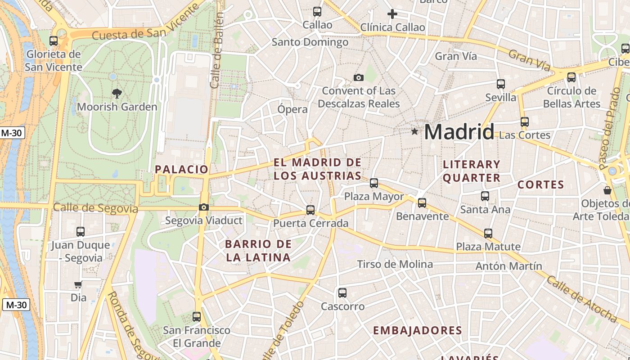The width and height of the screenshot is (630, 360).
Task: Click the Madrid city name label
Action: click(459, 132)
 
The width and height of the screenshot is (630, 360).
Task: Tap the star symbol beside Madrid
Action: click(414, 131)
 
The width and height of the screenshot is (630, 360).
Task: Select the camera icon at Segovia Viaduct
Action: click(204, 207)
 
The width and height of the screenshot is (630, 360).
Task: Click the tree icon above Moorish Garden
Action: click(117, 94)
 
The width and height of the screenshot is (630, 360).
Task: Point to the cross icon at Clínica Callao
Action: click(392, 14)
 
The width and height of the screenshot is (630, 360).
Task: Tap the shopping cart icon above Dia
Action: click(78, 284)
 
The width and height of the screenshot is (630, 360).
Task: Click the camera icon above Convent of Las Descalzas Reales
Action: click(359, 77)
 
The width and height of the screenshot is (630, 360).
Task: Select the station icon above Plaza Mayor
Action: click(374, 183)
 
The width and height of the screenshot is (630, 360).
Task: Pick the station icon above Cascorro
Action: click(342, 293)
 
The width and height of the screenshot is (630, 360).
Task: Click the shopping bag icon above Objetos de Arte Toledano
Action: click(607, 190)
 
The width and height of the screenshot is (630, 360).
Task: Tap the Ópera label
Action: click(292, 109)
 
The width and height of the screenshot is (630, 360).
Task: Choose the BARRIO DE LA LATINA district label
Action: click(258, 251)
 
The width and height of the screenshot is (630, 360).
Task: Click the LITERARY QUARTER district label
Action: click(472, 171)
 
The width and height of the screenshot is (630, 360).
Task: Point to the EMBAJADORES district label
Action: click(418, 331)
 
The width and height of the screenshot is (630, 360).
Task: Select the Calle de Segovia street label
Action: click(95, 208)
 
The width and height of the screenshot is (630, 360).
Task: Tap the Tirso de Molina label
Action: click(395, 264)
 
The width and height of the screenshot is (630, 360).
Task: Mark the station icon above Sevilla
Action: click(501, 84)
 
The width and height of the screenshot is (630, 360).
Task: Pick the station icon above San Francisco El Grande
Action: click(197, 317)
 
